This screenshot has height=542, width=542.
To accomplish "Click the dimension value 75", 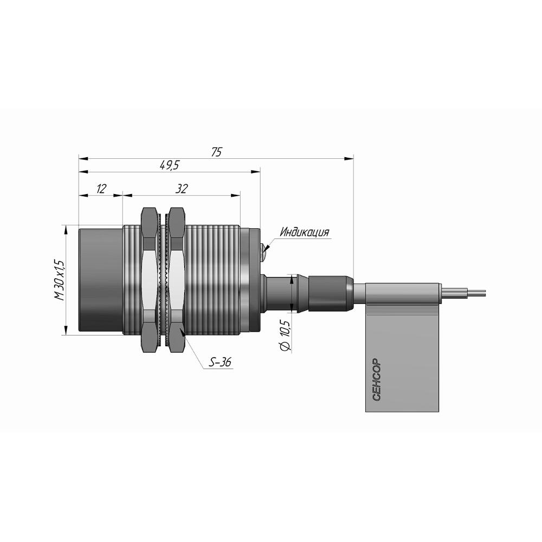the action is tap(216, 152).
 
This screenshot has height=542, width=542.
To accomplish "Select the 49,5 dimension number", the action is tap(169, 165).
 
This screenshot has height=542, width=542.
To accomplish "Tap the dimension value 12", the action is tap(101, 189).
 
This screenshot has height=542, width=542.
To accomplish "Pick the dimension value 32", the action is tap(182, 189).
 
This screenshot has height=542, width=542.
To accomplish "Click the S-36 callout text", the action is tap(220, 362).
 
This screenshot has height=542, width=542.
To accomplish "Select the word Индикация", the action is tap(305, 232).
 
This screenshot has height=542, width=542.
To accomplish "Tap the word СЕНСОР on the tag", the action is tap(377, 380).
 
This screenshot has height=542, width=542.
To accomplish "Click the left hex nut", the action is tap(149, 280).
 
